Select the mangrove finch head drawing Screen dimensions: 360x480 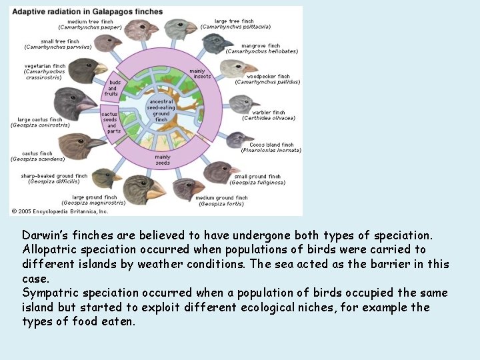[x=217, y=44]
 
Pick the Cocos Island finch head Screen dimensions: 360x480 [x=237, y=139]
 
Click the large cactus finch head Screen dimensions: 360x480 [x=73, y=104]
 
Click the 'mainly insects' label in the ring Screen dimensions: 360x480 [x=197, y=73]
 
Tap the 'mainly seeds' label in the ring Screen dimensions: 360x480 [x=163, y=160]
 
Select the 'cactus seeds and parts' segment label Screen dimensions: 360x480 [x=111, y=122]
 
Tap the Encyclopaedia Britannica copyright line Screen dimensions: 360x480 [x=59, y=211]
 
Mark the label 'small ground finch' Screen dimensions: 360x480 [x=257, y=177]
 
